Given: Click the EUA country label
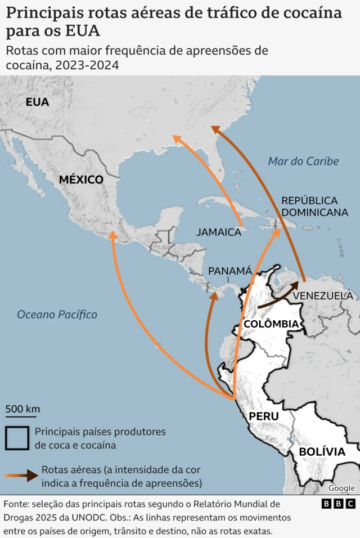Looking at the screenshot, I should tap(37, 102).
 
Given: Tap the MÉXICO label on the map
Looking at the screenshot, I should tap(82, 180).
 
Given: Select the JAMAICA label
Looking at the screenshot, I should tap(218, 232).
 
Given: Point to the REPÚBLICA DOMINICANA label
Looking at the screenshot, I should tap(314, 207).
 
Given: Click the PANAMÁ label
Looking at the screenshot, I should tap(230, 271).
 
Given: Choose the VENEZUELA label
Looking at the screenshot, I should tap(323, 295).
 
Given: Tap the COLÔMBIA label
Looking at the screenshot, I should tap(271, 324).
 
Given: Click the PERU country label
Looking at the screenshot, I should tap(263, 416).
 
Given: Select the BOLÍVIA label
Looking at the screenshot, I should tap(322, 452).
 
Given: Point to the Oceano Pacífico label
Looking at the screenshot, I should tap(57, 315).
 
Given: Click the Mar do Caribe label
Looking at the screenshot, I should tap(303, 162).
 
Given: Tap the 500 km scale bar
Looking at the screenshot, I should tap(22, 415).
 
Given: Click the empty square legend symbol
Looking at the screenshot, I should tap(17, 438).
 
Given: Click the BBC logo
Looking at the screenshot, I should tap(338, 504).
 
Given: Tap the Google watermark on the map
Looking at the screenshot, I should tap(341, 488).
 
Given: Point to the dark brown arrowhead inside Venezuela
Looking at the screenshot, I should tap(294, 286).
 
